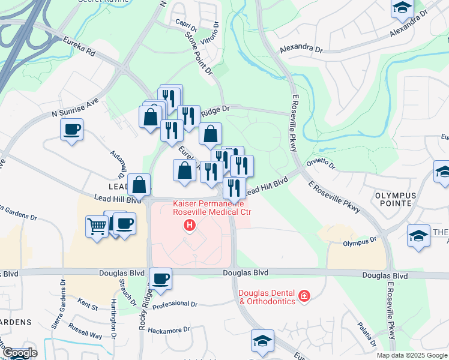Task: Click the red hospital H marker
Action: (190, 226)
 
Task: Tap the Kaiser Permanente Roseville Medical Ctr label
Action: (212, 208)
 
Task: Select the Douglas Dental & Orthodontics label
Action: (268, 297)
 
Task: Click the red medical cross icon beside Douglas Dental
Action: (304, 296)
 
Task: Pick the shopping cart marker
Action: (97, 227)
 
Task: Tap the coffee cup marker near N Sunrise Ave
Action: (72, 129)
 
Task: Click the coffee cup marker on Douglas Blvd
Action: (161, 278)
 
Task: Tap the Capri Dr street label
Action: (186, 25)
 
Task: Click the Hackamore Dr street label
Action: (169, 329)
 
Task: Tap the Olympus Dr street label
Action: (360, 242)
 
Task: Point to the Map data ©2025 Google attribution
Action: (412, 355)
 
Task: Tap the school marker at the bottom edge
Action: (262, 340)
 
